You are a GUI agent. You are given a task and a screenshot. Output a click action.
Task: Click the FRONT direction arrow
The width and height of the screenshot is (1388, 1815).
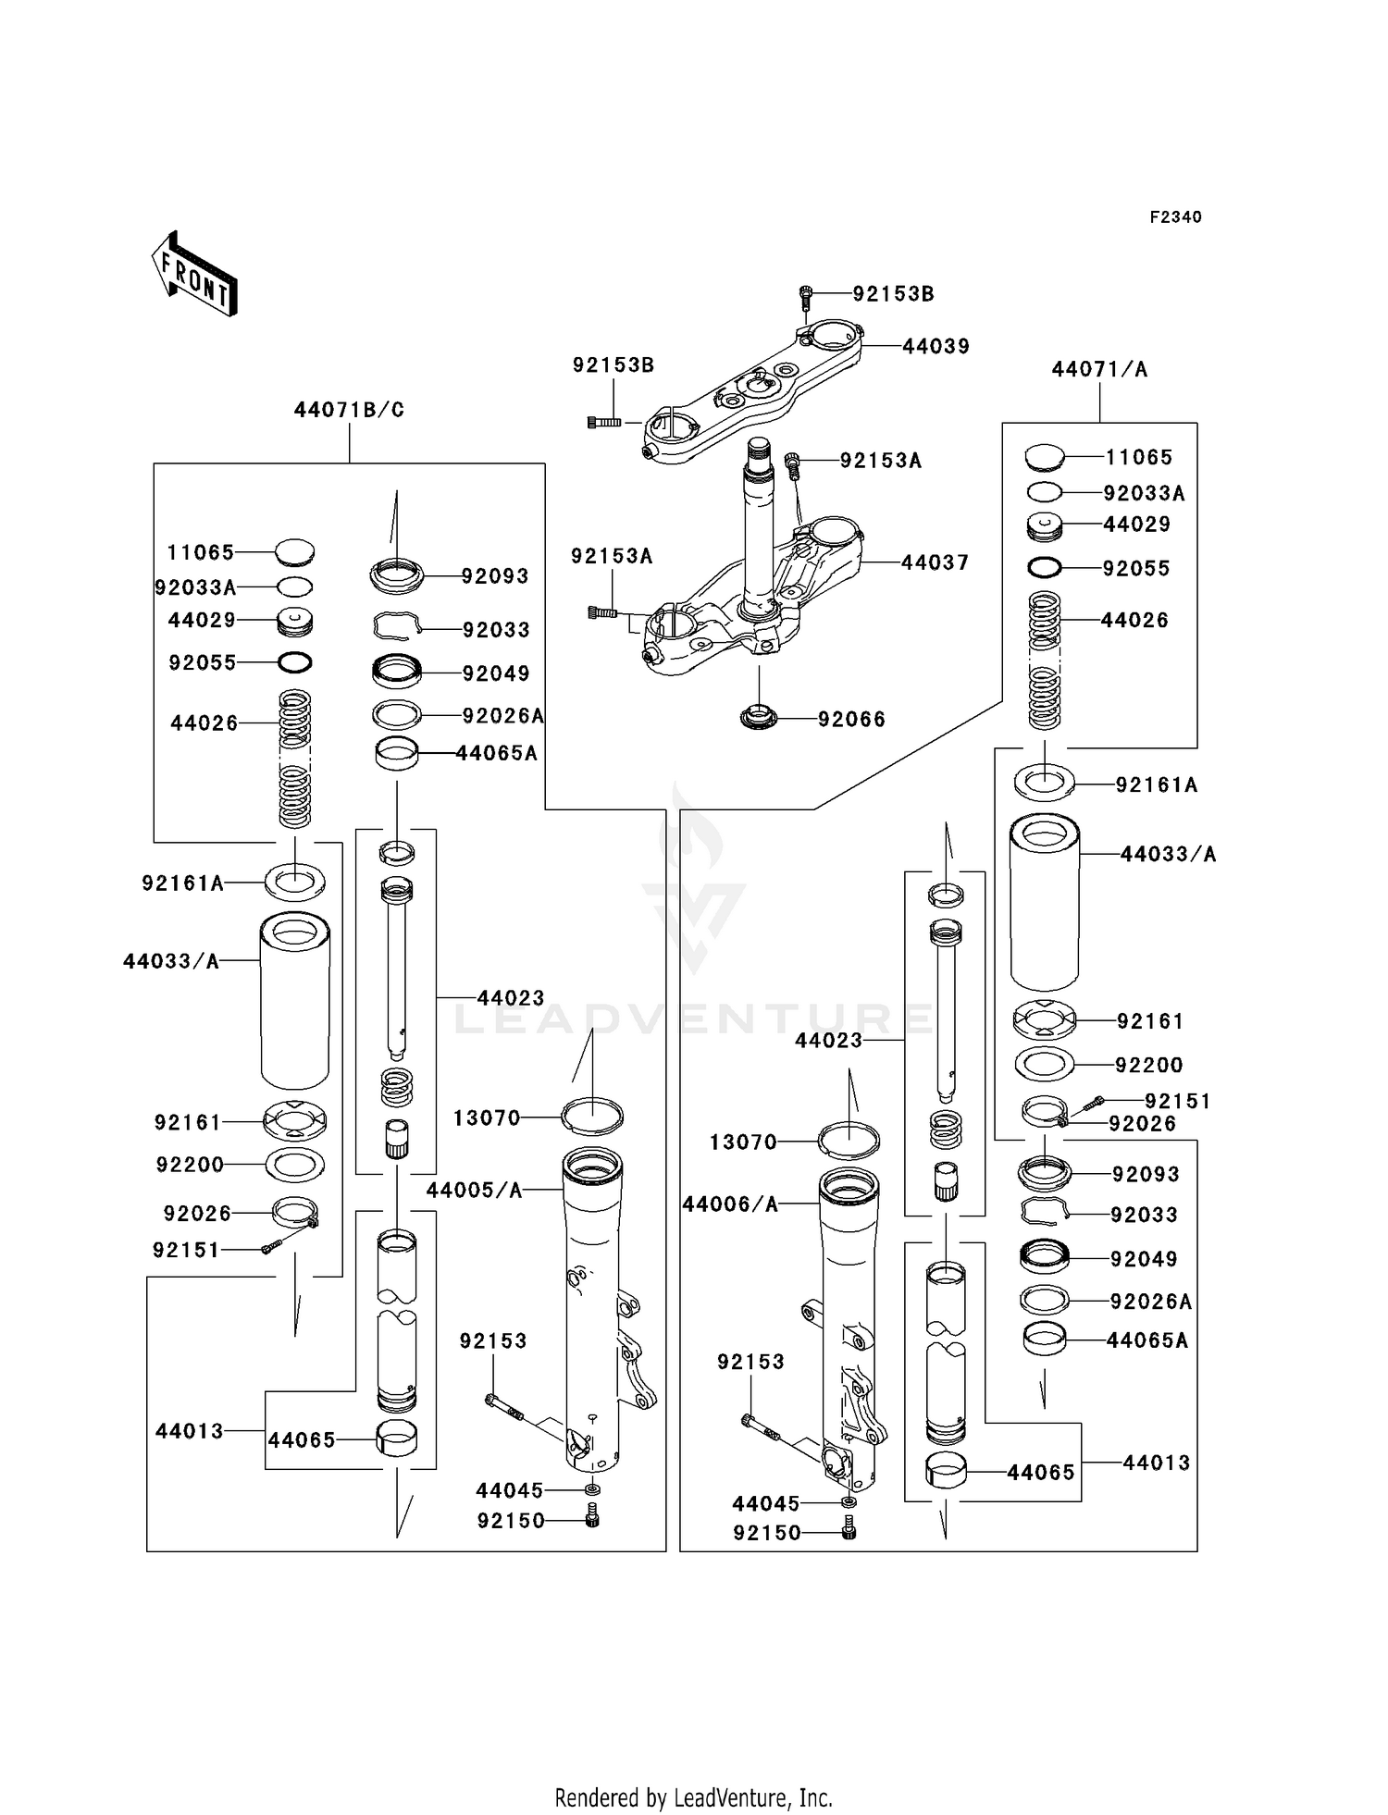click(195, 275)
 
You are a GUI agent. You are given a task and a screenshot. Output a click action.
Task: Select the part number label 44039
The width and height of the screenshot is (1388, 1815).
click(936, 346)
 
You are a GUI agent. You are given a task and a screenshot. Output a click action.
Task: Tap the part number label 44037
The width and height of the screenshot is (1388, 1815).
click(935, 562)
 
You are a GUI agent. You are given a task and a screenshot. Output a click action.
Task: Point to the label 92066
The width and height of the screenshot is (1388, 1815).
click(851, 719)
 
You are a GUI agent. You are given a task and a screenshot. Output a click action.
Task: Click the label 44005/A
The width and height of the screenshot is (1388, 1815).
click(474, 1191)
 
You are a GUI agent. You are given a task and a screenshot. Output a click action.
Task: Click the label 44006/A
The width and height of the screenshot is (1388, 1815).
click(730, 1204)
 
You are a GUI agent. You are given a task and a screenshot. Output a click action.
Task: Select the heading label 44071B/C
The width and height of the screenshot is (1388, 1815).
click(349, 410)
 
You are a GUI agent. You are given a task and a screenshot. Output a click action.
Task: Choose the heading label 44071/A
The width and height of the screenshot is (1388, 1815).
click(1099, 369)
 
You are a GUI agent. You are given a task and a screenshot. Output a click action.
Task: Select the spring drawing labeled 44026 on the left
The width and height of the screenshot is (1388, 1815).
click(295, 759)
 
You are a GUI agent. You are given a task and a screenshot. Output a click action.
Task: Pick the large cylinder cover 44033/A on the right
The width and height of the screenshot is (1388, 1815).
click(1044, 902)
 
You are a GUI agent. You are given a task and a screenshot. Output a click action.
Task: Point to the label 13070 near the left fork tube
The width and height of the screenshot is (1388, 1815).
click(487, 1117)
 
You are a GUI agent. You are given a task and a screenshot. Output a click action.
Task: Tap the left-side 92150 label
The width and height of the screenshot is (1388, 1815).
click(511, 1521)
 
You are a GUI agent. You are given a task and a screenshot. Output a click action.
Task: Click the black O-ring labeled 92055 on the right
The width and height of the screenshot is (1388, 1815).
click(1044, 567)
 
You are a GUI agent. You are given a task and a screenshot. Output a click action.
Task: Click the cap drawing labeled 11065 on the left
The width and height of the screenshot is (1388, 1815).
click(295, 552)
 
